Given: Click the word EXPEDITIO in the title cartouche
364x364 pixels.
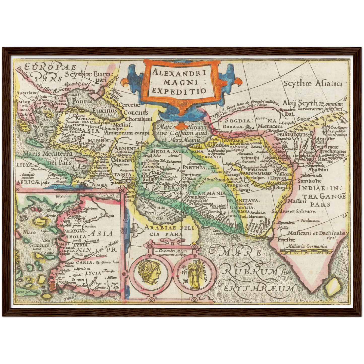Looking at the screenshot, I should point(179,91).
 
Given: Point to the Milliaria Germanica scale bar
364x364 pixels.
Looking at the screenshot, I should point(306,251).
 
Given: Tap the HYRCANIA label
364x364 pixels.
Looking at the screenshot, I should point(209,157).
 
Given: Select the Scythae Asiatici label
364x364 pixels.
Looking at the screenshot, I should point(313,83).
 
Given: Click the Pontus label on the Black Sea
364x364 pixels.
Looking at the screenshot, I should point(82,101).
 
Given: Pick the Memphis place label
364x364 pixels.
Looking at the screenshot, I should point(62,182).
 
